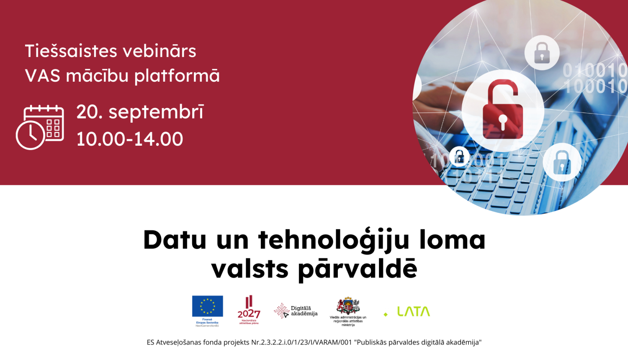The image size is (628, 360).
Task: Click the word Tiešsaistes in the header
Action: [x=70, y=51]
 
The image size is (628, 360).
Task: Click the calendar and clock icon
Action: [x=40, y=127]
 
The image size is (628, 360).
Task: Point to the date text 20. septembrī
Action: [x=140, y=112]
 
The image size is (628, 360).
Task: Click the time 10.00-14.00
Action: [x=130, y=139]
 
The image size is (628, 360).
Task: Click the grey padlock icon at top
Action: [x=542, y=53]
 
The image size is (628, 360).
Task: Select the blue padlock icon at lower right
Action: [x=562, y=162]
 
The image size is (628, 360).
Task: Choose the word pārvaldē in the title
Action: [x=358, y=269]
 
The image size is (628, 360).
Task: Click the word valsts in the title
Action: [x=250, y=269]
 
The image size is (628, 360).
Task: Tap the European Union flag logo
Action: [x=207, y=306]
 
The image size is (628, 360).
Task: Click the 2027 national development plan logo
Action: [x=249, y=310]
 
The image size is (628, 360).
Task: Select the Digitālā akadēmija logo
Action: [x=296, y=311]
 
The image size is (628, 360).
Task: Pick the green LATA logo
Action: [x=413, y=312]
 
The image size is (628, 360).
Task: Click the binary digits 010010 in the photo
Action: [x=595, y=70]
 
